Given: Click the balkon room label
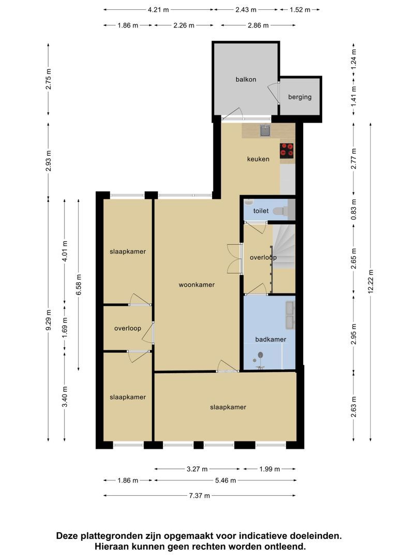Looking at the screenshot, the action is coord(246,80).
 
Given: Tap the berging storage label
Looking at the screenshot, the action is coord(300,97).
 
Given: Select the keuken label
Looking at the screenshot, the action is coord(258,159).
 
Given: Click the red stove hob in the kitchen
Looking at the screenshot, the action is coord(287,151).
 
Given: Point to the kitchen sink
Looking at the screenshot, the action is coord(265,131).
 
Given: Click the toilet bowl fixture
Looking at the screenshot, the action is coord(280,211).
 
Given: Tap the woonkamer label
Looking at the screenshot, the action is coord(197,285).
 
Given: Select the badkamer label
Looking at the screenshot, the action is coord(271,340).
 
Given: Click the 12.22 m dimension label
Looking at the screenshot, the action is coord(371,282).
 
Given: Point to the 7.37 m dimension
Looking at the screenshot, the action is coord(200,495).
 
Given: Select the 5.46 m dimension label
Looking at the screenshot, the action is coord(226,480).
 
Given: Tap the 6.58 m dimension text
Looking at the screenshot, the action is coord(79,284).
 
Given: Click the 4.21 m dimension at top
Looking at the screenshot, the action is coord(159,10).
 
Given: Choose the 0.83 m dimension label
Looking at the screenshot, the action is coord(353,208).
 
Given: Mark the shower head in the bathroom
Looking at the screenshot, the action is coord(260,355).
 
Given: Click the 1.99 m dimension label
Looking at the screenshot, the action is coord(270,469).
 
